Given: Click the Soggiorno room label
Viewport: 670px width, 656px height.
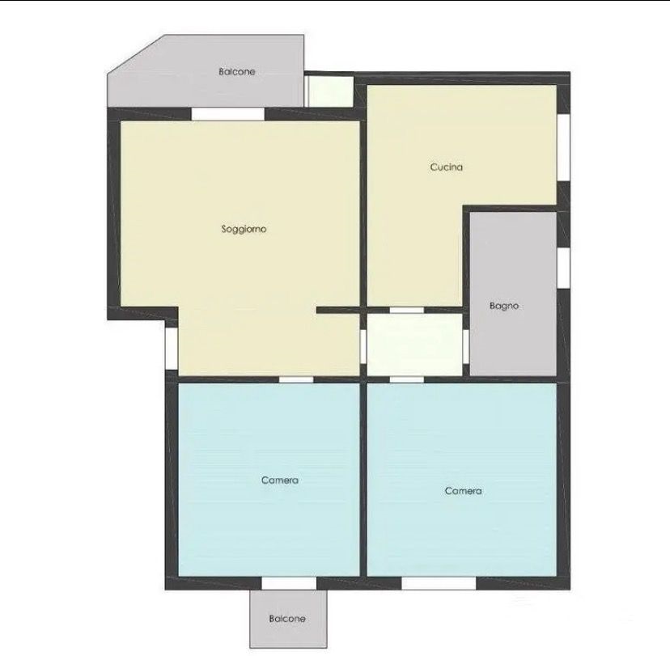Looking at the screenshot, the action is pyautogui.click(x=244, y=230).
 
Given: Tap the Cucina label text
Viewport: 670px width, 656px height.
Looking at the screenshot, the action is pyautogui.click(x=446, y=167).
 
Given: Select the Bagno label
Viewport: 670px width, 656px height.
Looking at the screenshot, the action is pyautogui.click(x=504, y=306).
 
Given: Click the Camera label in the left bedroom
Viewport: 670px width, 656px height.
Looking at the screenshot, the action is pyautogui.click(x=280, y=480).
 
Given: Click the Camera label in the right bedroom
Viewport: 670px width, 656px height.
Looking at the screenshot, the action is pyautogui.click(x=463, y=491).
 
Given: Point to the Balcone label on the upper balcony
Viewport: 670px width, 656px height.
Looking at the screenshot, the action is pyautogui.click(x=237, y=72).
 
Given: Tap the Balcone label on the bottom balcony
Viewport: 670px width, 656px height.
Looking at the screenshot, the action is pyautogui.click(x=287, y=619).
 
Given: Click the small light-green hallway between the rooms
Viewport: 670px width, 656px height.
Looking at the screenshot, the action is pyautogui.click(x=415, y=345).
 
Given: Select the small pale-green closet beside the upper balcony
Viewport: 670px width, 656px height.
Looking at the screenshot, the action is pyautogui.click(x=331, y=91).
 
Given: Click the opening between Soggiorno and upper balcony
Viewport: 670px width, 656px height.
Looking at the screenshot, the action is pyautogui.click(x=227, y=114).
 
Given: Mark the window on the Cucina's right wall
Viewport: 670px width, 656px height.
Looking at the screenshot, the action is pyautogui.click(x=564, y=147).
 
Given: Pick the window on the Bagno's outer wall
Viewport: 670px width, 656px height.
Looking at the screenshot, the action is pyautogui.click(x=564, y=268).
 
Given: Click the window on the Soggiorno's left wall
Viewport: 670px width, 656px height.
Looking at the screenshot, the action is pyautogui.click(x=172, y=348).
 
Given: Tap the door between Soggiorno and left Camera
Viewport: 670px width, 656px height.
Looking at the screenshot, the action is pyautogui.click(x=296, y=379).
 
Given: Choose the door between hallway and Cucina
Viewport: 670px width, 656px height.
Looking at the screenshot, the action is pyautogui.click(x=407, y=310).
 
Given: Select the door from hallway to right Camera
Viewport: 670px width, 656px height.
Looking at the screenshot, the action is pyautogui.click(x=407, y=379).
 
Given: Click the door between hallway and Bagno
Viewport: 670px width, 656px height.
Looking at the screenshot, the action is pyautogui.click(x=466, y=347).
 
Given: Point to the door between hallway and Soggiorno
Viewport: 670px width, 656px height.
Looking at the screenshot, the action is pyautogui.click(x=363, y=347).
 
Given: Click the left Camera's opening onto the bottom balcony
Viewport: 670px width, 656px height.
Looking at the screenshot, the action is pyautogui.click(x=289, y=583).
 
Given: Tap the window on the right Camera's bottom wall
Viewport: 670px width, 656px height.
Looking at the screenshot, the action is pyautogui.click(x=439, y=583).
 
